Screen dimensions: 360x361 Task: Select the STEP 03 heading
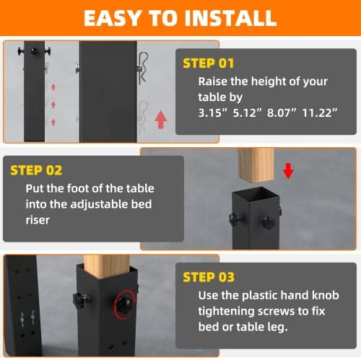pos(209,277)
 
